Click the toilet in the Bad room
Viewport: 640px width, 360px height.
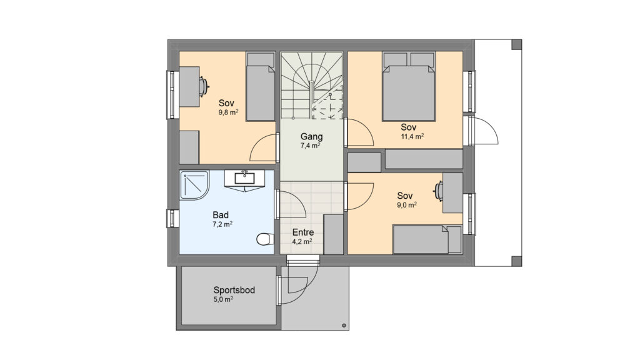[x=265, y=239]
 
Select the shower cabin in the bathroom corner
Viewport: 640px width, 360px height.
[x=194, y=185]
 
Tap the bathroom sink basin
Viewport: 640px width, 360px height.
[x=244, y=178]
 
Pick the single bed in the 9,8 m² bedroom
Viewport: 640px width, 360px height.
[x=261, y=86]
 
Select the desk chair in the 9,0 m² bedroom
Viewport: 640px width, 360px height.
[x=439, y=191]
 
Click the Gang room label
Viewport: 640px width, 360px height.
[x=311, y=137]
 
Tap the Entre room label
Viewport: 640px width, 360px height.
[x=303, y=232]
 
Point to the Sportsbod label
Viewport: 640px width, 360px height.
[x=234, y=290]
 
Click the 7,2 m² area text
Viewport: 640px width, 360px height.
[x=222, y=224]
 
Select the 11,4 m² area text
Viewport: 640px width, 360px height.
[x=412, y=136]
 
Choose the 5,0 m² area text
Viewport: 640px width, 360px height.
[x=223, y=299]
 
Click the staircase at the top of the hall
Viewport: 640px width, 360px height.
[x=311, y=86]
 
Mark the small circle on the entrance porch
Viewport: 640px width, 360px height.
[x=344, y=325]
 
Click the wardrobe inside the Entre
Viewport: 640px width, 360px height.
[x=334, y=234]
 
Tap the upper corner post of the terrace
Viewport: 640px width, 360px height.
[x=517, y=44]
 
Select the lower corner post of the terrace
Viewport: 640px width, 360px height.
[x=517, y=261]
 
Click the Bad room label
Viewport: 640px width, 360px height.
[x=221, y=215]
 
